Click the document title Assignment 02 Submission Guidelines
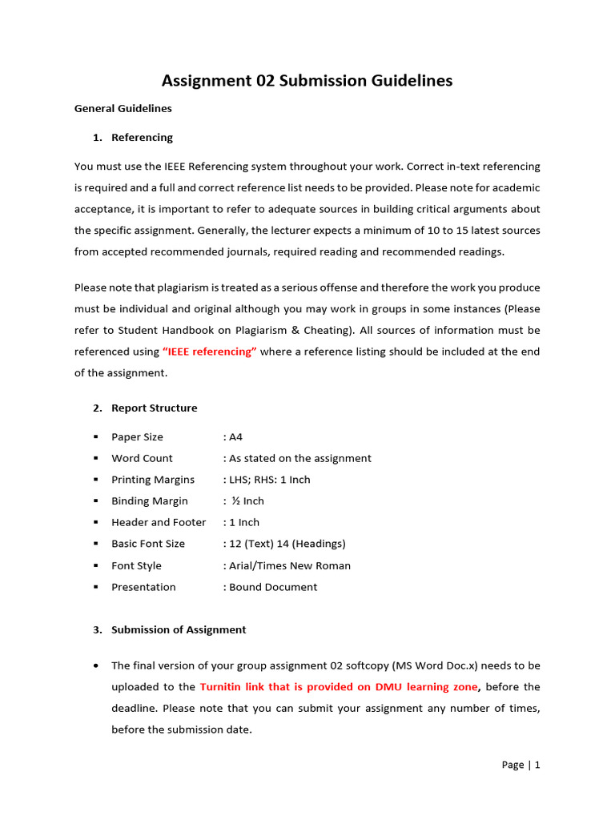[307, 81]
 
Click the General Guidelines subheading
[123, 108]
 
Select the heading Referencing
[142, 138]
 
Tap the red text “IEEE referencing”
[209, 352]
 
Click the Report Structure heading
[154, 408]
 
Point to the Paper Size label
[137, 437]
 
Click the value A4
[235, 437]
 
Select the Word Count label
[142, 459]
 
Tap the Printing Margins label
[152, 480]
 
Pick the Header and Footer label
[159, 522]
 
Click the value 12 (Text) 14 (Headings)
[287, 544]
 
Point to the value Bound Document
[272, 587]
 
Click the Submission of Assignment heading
[178, 630]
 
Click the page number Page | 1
[521, 766]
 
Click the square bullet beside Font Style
[95, 565]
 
